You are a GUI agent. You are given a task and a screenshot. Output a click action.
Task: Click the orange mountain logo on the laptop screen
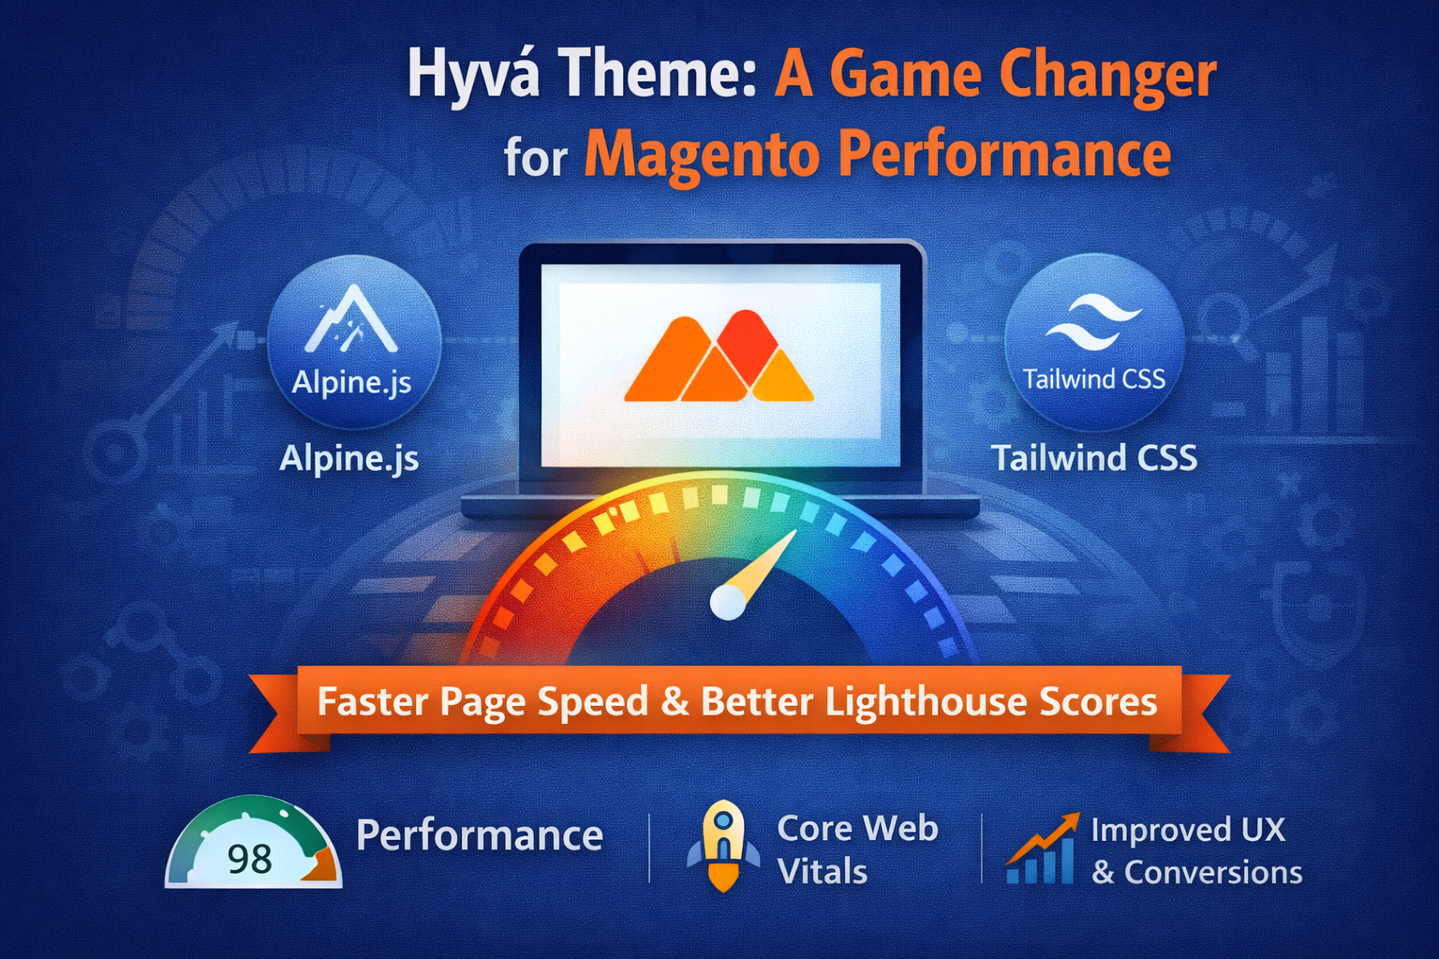(x=719, y=357)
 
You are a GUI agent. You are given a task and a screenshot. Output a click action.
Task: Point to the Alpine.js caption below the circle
(x=349, y=459)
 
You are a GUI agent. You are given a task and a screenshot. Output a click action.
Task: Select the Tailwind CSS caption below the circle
(x=1094, y=458)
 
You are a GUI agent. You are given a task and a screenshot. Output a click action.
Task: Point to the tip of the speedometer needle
(x=796, y=531)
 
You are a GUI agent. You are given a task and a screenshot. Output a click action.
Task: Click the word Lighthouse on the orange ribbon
(x=927, y=701)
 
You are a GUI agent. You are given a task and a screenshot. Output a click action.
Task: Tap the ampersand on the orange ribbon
(x=675, y=702)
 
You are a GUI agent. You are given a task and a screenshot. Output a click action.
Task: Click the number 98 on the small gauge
(x=250, y=859)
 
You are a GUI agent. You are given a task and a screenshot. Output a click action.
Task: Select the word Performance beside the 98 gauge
(x=480, y=835)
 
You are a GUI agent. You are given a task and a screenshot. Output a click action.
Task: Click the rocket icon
(x=722, y=846)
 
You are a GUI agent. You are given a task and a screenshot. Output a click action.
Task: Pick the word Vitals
(x=823, y=872)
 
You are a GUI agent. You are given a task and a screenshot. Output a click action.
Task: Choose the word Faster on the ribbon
(x=373, y=701)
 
